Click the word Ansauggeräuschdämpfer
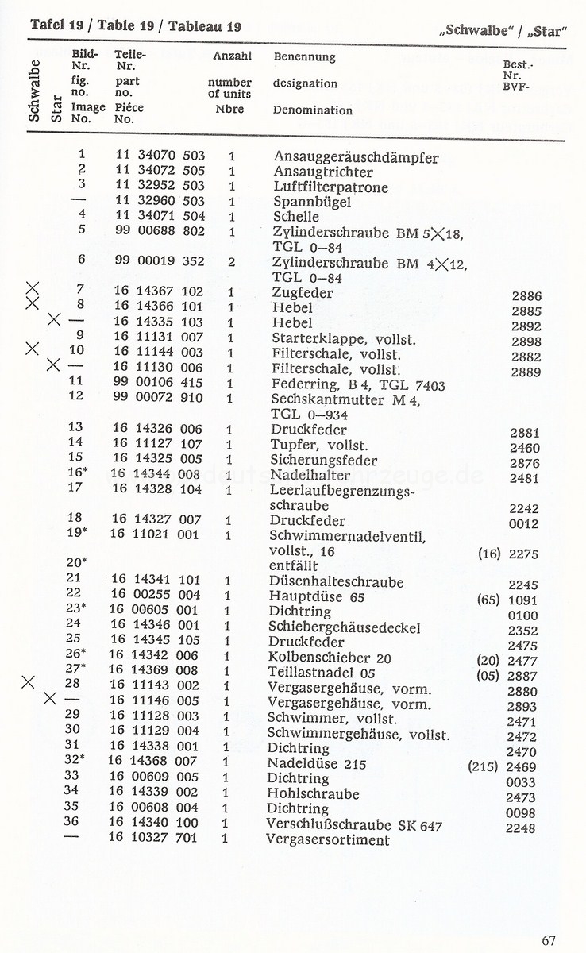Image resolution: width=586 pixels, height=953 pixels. coord(355,157)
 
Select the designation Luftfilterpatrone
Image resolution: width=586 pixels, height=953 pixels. coord(330,187)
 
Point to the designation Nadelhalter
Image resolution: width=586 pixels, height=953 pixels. coord(310,478)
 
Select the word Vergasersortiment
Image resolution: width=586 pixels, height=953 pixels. coord(328,840)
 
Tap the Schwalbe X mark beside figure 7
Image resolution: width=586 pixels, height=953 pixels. coord(33,288)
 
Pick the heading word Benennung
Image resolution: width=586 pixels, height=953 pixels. coord(304,57)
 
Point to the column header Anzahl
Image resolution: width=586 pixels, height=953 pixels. coord(232,56)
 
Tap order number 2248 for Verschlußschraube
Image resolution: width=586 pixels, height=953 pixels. coord(521,828)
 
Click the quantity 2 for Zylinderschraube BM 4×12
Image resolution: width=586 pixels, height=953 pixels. coord(231,262)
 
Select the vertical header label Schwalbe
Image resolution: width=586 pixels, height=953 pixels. coord(35,90)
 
